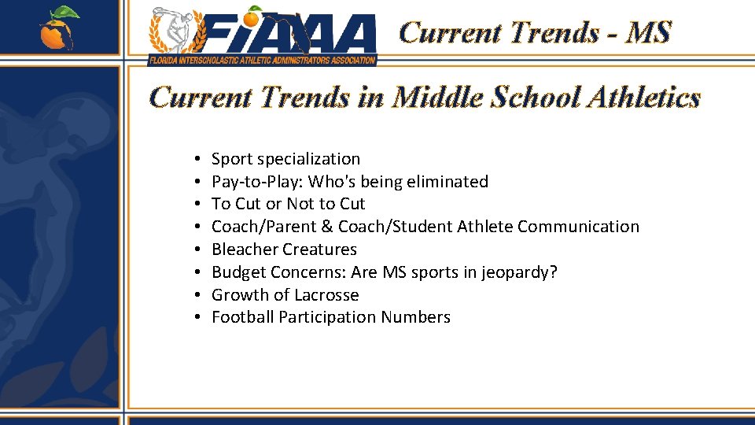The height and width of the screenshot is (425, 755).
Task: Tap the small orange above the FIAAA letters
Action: coord(253,16)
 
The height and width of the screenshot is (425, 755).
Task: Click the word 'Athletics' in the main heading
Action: coord(640,98)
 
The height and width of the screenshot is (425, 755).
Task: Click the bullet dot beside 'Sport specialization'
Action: coord(193,160)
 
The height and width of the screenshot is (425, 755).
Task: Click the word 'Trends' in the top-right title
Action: coord(554,33)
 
